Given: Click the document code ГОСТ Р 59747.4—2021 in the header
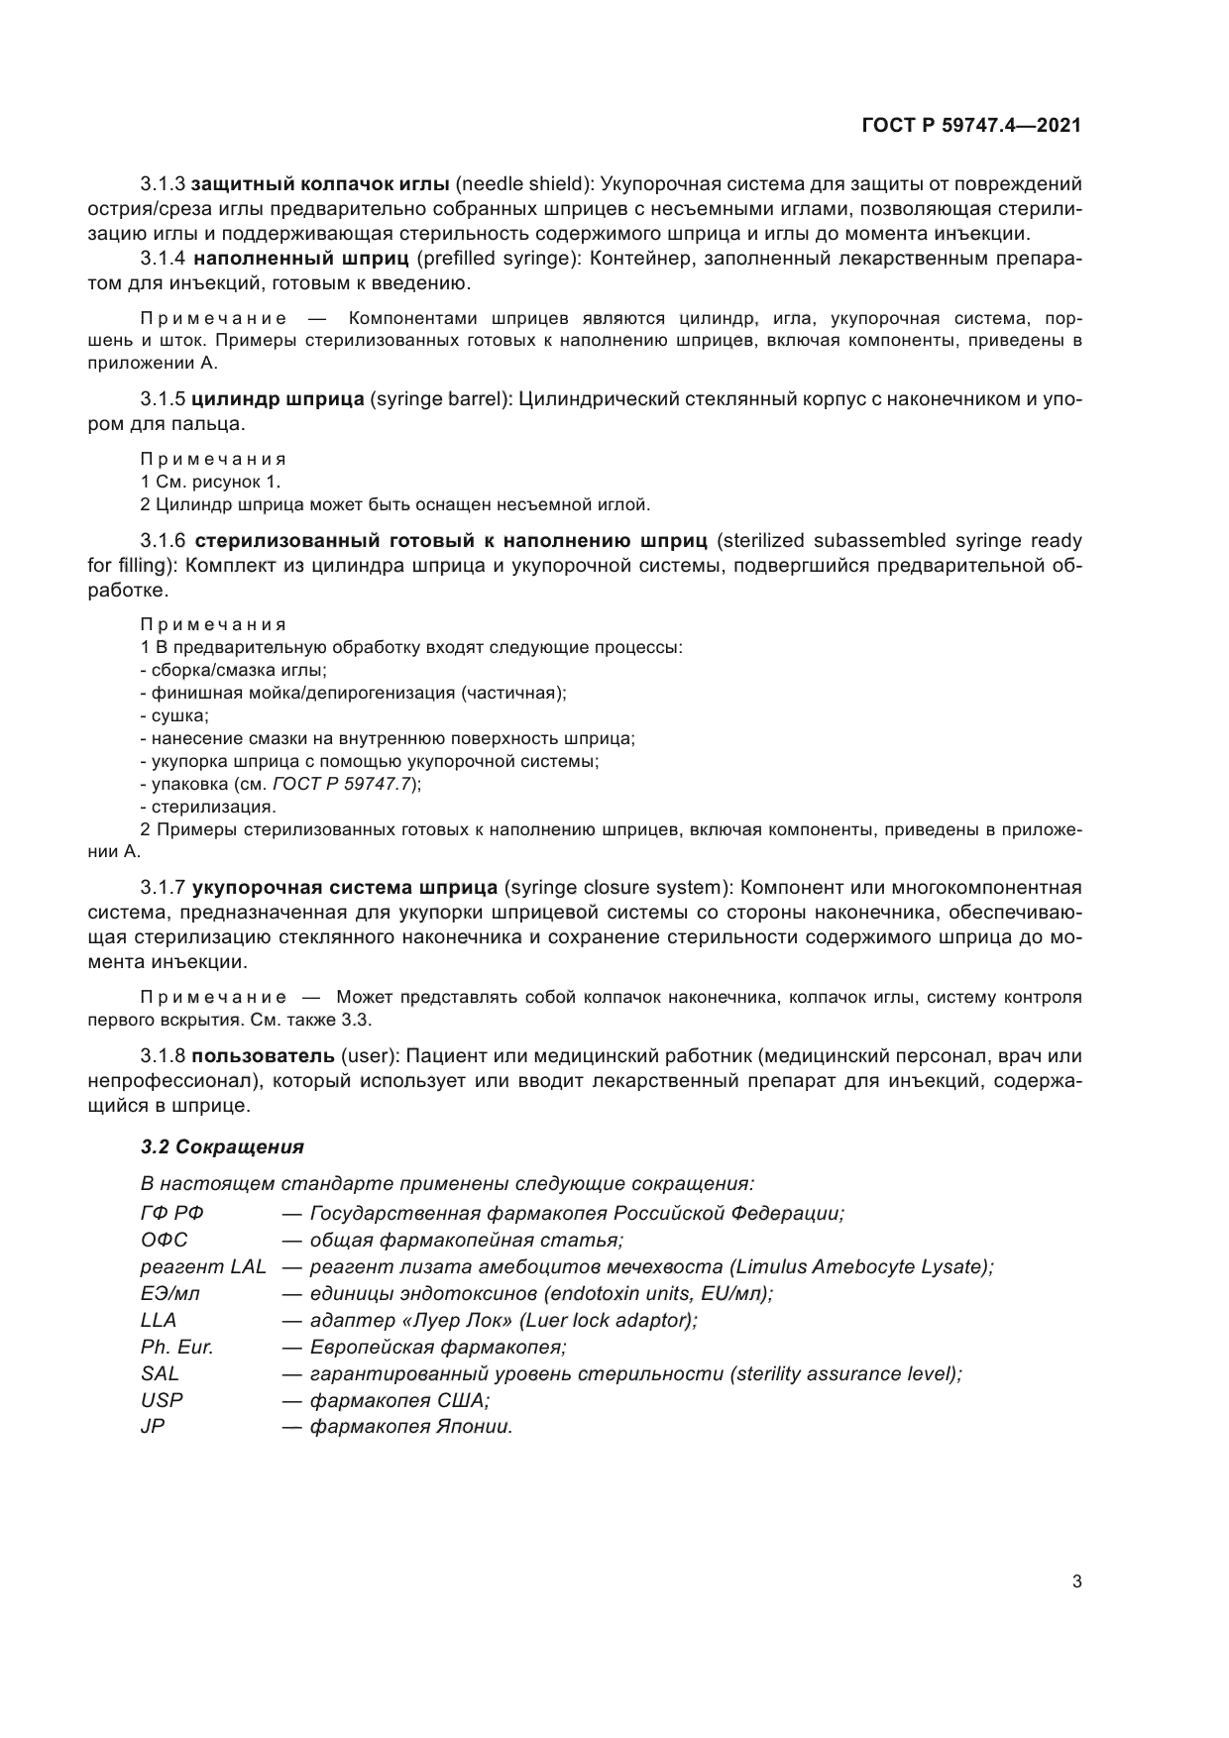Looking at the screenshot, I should [971, 126].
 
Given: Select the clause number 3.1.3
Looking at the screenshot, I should [163, 183].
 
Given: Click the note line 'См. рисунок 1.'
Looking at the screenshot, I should [217, 482].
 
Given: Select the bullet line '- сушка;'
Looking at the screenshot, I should [174, 715].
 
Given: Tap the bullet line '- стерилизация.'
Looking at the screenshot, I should [207, 807].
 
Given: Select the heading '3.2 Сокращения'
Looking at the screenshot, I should [222, 1146].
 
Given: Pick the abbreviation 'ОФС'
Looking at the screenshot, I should [164, 1240].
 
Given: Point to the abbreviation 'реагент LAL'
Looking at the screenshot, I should [203, 1266].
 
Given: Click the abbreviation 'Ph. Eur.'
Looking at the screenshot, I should [176, 1347].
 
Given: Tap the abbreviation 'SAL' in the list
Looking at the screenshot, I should [160, 1373].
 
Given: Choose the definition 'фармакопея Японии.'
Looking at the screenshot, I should [411, 1427].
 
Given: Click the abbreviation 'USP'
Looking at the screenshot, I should [162, 1400].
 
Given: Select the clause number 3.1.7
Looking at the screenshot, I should [163, 887].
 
